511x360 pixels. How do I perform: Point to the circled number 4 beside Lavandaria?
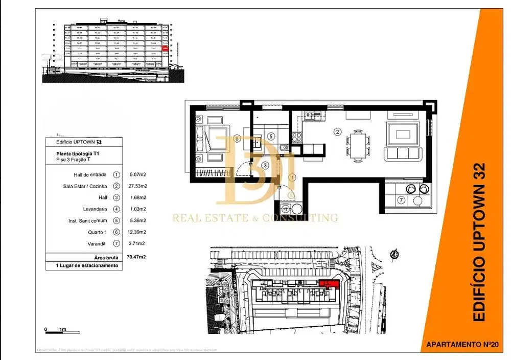pos(117,209)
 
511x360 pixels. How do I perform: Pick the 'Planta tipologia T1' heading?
pos(77,153)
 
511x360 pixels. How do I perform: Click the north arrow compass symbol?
pos(394,254)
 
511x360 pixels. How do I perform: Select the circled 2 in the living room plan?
pos(337,131)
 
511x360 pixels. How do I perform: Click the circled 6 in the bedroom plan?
pos(236,138)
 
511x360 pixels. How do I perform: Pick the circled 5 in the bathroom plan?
pos(271,137)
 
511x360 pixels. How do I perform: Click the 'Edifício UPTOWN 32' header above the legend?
pos(76,142)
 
